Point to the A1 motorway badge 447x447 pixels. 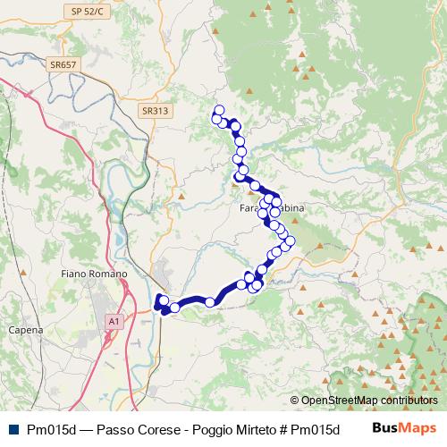click(x=114, y=320)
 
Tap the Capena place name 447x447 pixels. click(x=26, y=330)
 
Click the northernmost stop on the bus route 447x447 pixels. click(x=218, y=110)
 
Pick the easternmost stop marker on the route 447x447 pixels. click(x=290, y=240)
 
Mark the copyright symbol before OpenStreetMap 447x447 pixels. click(x=294, y=401)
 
